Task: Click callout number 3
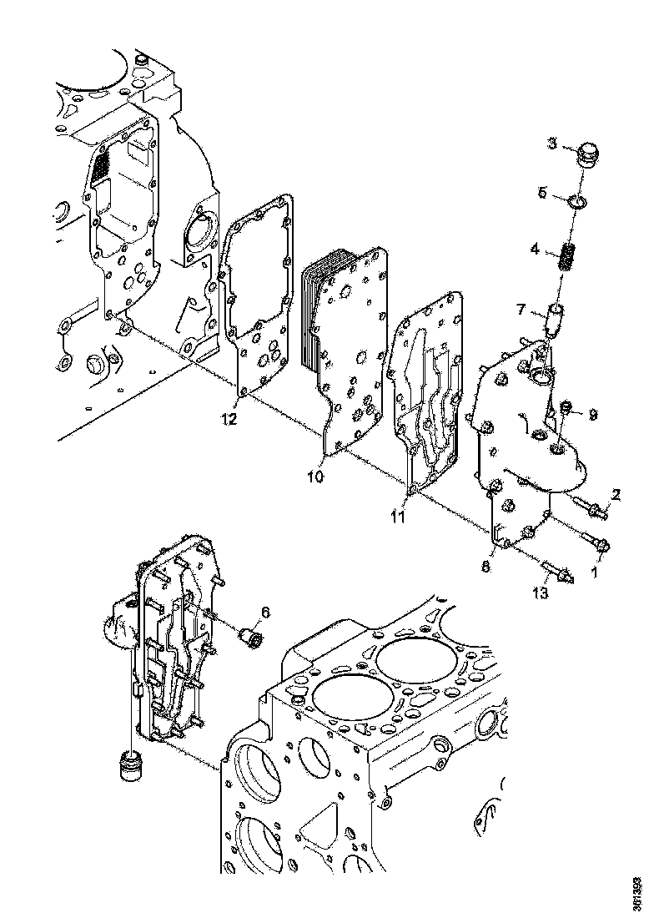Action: pos(551,144)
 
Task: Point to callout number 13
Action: pos(541,593)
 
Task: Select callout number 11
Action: pos(398,517)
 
